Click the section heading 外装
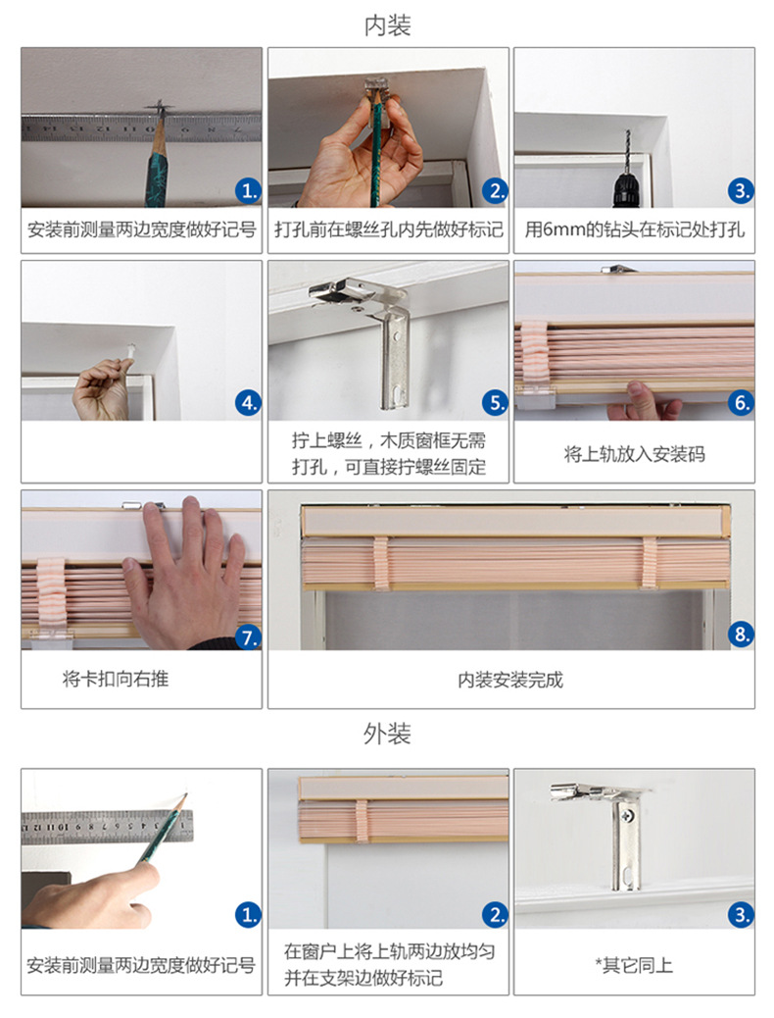(x=387, y=734)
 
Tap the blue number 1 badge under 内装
(x=249, y=191)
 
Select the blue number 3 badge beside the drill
(x=742, y=191)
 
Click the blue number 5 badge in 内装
(x=496, y=402)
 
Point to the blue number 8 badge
(x=742, y=634)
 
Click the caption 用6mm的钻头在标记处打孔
(x=634, y=231)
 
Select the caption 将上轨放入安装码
(x=634, y=454)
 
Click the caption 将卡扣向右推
(x=115, y=679)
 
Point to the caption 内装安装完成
(x=510, y=679)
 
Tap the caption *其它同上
(x=634, y=965)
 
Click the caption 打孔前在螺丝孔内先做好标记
(x=388, y=231)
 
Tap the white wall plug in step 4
(x=131, y=349)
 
